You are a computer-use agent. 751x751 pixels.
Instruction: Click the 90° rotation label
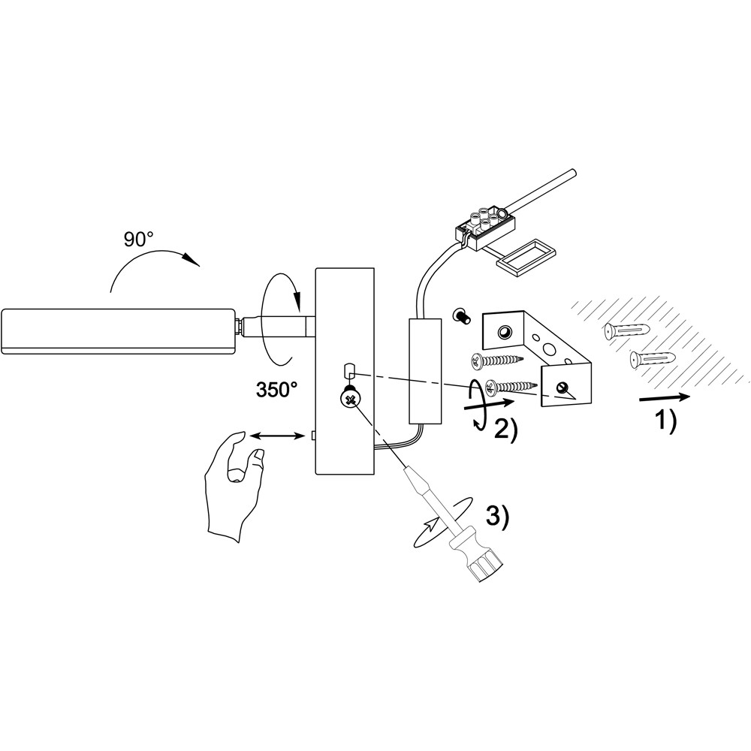pos(138,240)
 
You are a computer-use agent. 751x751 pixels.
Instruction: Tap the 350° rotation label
pos(276,389)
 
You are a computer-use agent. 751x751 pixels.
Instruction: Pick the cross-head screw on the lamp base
pos(349,399)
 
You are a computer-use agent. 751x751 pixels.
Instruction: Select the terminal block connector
pos(487,225)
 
